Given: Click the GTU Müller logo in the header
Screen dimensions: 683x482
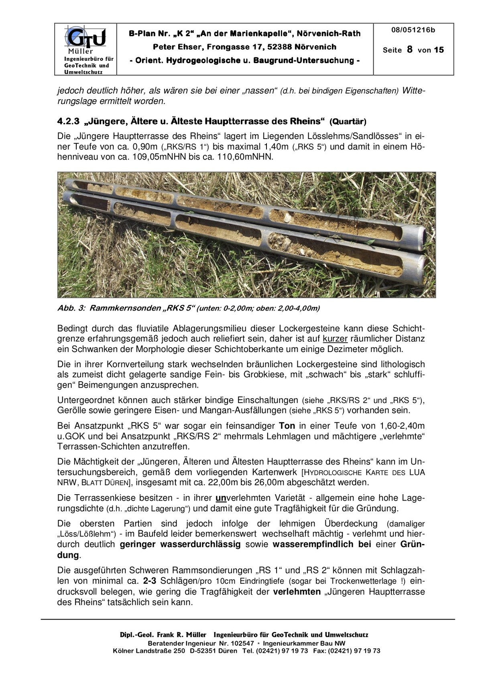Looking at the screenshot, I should (85, 40).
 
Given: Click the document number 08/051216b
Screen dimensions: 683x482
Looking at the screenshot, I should (413, 30).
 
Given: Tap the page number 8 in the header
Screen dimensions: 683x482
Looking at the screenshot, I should (409, 49).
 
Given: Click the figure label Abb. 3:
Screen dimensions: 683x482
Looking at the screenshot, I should (71, 308).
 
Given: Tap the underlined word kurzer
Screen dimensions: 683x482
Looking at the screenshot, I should (335, 339).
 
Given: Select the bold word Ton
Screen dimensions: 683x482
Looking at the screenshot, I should (287, 425).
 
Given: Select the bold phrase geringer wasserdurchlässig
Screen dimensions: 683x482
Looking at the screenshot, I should (180, 544).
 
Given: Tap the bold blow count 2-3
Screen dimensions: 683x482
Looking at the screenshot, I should (150, 581).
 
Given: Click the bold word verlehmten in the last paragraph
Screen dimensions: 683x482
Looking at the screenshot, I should (297, 592).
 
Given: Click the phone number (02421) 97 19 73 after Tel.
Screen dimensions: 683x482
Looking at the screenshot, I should (282, 651).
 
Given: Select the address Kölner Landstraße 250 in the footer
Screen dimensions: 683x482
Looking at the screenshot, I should (149, 651).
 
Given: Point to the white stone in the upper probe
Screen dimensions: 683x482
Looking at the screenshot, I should (287, 217).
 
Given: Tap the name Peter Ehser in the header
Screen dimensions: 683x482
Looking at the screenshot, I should (178, 47).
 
